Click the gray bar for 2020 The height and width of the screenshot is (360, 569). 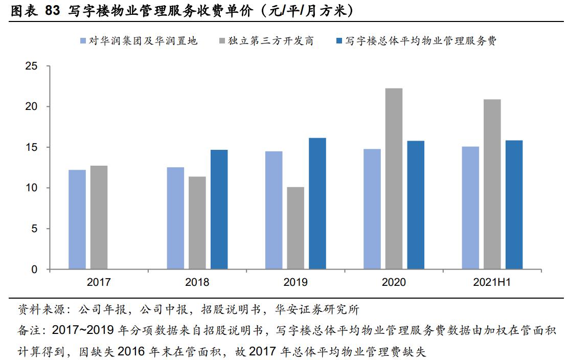[x=394, y=178]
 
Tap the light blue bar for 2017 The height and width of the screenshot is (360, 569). [x=77, y=219]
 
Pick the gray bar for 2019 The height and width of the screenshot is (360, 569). [x=295, y=228]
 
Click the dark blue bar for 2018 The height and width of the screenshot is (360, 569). [x=219, y=209]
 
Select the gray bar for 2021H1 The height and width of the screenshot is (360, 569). [x=492, y=184]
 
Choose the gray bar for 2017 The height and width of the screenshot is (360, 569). [x=99, y=217]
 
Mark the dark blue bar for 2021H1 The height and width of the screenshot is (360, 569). [x=514, y=205]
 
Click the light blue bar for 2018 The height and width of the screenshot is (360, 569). [x=175, y=218]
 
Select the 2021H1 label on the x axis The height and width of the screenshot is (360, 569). [x=492, y=282]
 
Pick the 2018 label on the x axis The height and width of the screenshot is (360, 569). [x=197, y=282]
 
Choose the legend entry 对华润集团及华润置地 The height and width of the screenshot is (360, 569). [x=143, y=41]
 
